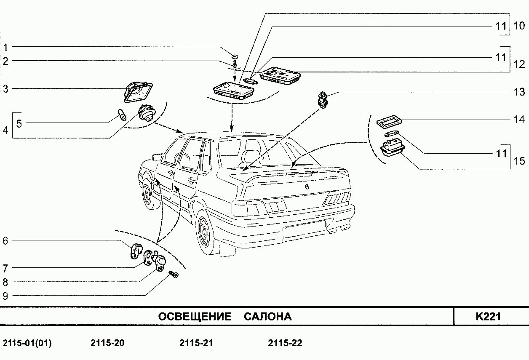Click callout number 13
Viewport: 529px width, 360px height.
(519, 92)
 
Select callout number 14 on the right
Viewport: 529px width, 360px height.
(519, 120)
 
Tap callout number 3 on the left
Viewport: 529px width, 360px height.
(5, 89)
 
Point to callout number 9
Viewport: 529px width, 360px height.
(5, 296)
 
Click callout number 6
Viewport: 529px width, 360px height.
(5, 241)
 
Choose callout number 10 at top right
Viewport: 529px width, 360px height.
(519, 26)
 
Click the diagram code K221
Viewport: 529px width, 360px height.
(488, 316)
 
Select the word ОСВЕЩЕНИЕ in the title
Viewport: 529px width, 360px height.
(195, 317)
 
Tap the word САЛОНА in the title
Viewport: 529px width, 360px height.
(267, 317)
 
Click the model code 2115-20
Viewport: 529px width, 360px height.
(107, 343)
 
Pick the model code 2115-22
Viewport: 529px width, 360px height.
(285, 343)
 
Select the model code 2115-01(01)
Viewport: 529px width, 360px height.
(27, 343)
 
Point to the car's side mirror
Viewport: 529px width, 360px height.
(158, 157)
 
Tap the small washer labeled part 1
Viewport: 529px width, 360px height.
(235, 55)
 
